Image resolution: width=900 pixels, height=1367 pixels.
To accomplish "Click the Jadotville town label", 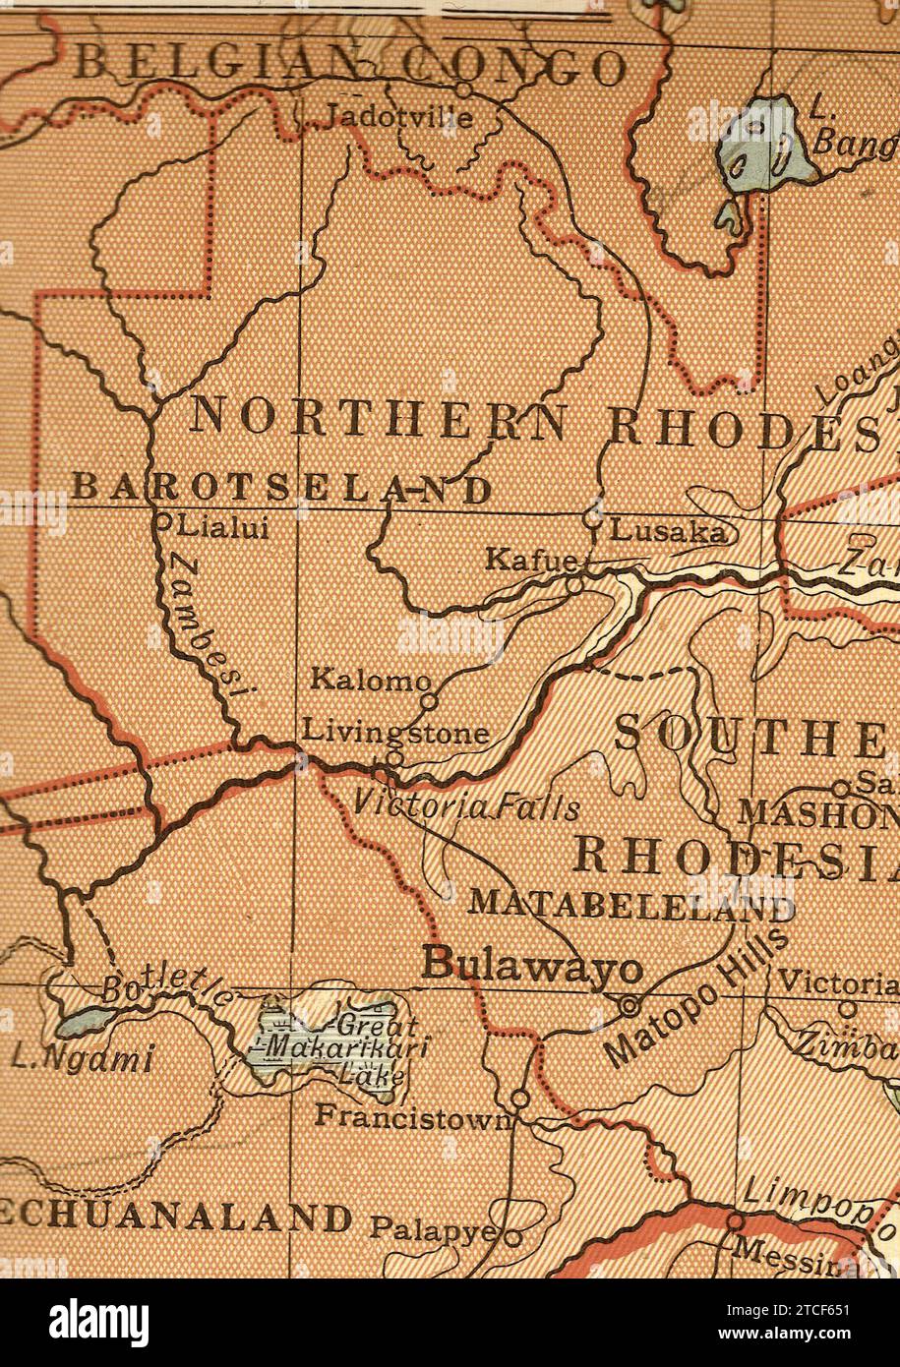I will click(x=397, y=117).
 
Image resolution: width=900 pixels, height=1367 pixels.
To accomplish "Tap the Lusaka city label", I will click(x=668, y=532).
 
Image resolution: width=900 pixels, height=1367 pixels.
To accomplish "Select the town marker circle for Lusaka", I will click(x=592, y=513).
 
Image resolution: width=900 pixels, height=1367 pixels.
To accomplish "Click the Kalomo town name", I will click(x=370, y=679).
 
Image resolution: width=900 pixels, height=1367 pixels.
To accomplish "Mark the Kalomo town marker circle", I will click(x=429, y=701).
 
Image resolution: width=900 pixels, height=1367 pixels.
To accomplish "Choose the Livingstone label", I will click(x=395, y=732).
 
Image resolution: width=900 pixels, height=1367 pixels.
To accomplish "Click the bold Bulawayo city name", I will click(x=532, y=964).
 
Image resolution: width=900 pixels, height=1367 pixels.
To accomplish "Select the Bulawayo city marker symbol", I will click(x=630, y=1005).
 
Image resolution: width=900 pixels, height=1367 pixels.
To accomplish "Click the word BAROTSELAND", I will click(x=281, y=488).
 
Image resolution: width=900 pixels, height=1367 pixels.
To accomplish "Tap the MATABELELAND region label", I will click(x=631, y=903).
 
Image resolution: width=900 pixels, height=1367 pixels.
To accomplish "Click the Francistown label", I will click(x=413, y=1115).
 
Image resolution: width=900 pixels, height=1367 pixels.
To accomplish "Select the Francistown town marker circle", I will click(x=520, y=1097).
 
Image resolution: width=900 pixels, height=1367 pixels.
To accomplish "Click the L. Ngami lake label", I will click(x=83, y=1059).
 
